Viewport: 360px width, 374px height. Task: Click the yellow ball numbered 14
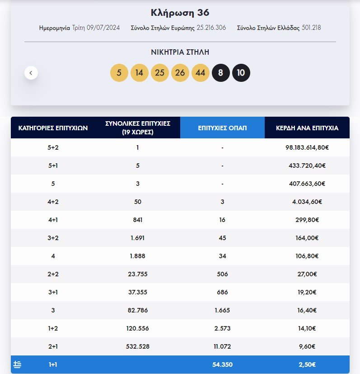pyautogui.click(x=139, y=73)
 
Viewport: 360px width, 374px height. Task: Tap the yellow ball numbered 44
pyautogui.click(x=201, y=73)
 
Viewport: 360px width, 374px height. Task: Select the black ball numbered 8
pyautogui.click(x=220, y=73)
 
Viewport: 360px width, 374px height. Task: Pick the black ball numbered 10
pyautogui.click(x=241, y=73)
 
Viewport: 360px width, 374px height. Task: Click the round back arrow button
pyautogui.click(x=31, y=73)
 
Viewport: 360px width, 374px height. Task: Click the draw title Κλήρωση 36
pyautogui.click(x=180, y=13)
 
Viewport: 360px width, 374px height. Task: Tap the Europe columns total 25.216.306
pyautogui.click(x=211, y=28)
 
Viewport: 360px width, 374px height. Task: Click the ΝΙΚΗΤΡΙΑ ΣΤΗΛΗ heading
pyautogui.click(x=180, y=52)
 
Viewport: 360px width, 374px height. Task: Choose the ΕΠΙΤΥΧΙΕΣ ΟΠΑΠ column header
pyautogui.click(x=222, y=128)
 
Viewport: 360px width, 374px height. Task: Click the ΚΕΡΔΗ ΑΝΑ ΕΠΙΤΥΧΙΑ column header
pyautogui.click(x=307, y=128)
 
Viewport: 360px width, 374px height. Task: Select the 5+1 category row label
pyautogui.click(x=53, y=166)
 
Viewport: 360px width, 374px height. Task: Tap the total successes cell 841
pyautogui.click(x=138, y=220)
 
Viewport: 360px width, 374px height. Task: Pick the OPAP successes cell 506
pyautogui.click(x=222, y=274)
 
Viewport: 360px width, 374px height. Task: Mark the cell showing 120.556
pyautogui.click(x=138, y=328)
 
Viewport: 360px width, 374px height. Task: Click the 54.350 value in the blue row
pyautogui.click(x=222, y=365)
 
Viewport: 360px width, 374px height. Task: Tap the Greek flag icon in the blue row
pyautogui.click(x=17, y=365)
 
